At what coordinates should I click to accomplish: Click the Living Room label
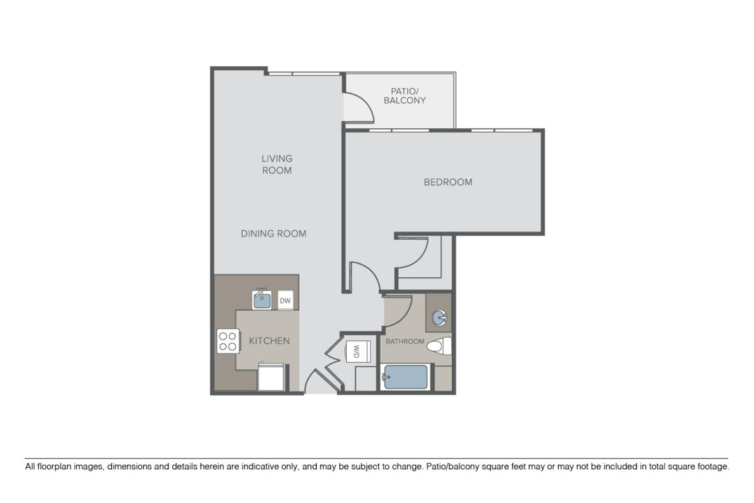pyautogui.click(x=277, y=164)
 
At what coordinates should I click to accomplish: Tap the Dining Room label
pyautogui.click(x=273, y=233)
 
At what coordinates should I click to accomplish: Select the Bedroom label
pyautogui.click(x=448, y=182)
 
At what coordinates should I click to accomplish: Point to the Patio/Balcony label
pyautogui.click(x=405, y=96)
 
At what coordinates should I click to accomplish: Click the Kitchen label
pyautogui.click(x=270, y=341)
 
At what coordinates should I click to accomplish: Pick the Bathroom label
pyautogui.click(x=405, y=341)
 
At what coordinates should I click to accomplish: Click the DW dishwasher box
pyautogui.click(x=285, y=301)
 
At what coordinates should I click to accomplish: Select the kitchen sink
pyautogui.click(x=262, y=299)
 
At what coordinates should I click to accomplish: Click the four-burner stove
pyautogui.click(x=227, y=340)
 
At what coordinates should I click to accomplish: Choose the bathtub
pyautogui.click(x=405, y=377)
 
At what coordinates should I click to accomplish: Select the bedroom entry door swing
pyautogui.click(x=363, y=277)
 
